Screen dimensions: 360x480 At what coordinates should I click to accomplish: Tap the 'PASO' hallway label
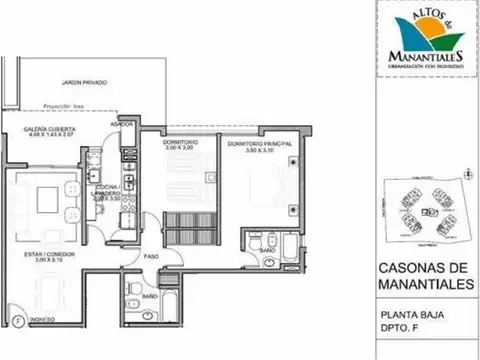pyautogui.click(x=151, y=257)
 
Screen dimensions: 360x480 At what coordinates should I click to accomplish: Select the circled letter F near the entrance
pyautogui.click(x=18, y=321)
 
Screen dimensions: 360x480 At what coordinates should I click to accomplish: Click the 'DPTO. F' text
pyautogui.click(x=399, y=327)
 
